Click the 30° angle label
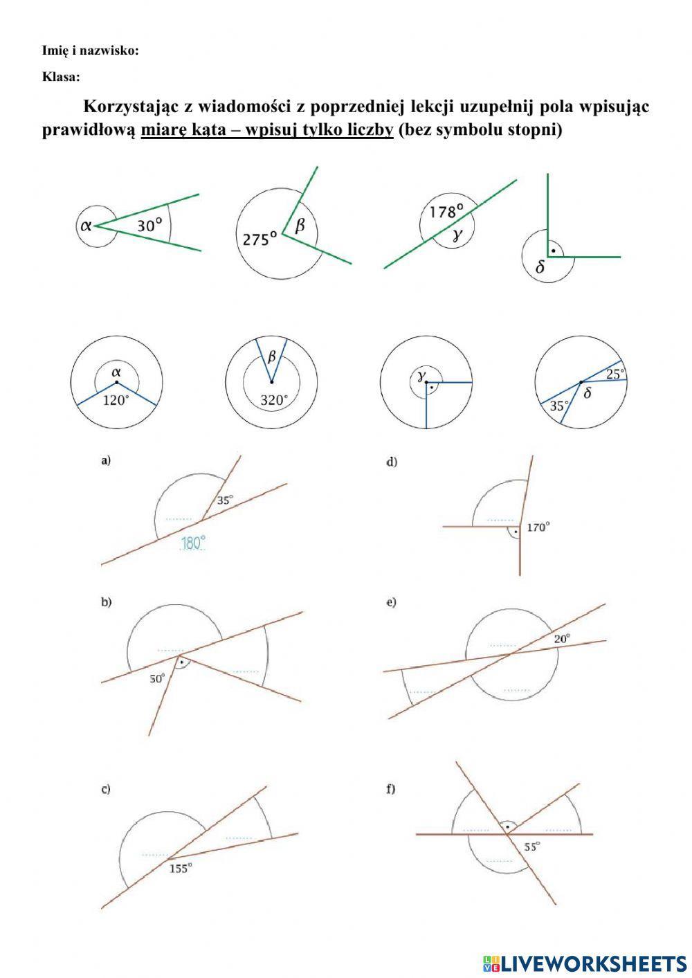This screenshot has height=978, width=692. (x=149, y=226)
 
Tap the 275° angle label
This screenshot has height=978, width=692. (x=259, y=239)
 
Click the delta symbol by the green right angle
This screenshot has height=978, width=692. (x=540, y=268)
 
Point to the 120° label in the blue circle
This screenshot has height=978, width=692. (x=116, y=400)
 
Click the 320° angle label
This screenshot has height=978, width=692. (x=273, y=400)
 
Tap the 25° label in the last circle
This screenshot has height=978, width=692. (x=614, y=374)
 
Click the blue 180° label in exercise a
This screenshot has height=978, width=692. (x=193, y=543)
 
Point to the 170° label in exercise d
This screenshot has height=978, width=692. (x=538, y=527)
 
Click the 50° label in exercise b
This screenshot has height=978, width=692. (x=158, y=679)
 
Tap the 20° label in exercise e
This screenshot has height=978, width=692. (x=562, y=639)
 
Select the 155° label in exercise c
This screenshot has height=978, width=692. (x=180, y=869)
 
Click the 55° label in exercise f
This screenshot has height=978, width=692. (x=531, y=846)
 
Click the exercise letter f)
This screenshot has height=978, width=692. (x=391, y=788)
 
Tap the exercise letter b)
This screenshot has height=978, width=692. (x=107, y=602)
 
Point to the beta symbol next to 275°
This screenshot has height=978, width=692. (x=300, y=225)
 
